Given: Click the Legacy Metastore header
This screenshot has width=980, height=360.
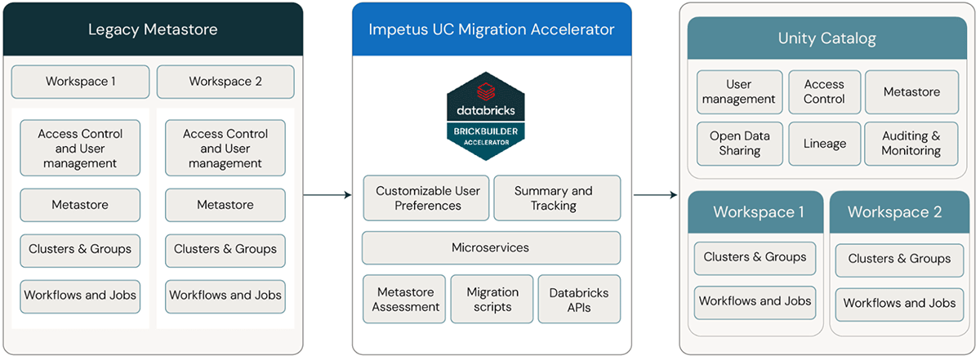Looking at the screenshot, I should (153, 30).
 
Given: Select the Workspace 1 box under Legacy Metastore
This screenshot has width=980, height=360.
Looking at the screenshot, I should (80, 82).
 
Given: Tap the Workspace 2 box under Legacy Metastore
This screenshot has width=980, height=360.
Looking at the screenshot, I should (225, 82).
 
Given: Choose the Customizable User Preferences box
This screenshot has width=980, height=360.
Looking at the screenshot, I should (427, 198).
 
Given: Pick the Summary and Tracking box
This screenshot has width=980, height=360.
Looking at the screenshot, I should (556, 198).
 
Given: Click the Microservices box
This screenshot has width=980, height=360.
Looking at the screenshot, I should (491, 247).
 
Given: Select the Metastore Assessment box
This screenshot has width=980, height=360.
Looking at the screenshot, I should (405, 300).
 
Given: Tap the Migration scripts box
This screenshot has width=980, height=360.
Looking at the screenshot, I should (492, 300).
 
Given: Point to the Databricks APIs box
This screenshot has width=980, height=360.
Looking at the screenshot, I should (578, 300).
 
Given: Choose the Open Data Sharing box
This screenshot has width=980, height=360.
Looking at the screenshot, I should (739, 144).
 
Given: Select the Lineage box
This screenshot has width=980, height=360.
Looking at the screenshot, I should (824, 144).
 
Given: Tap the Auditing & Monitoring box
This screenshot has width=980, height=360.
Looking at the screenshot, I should (911, 144).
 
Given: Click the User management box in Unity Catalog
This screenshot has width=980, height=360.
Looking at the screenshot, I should (739, 91).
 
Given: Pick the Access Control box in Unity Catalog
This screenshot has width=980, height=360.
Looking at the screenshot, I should (824, 91).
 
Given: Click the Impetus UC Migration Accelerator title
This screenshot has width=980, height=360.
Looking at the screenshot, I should (491, 30).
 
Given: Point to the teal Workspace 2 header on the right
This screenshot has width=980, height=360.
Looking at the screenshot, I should (894, 212).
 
